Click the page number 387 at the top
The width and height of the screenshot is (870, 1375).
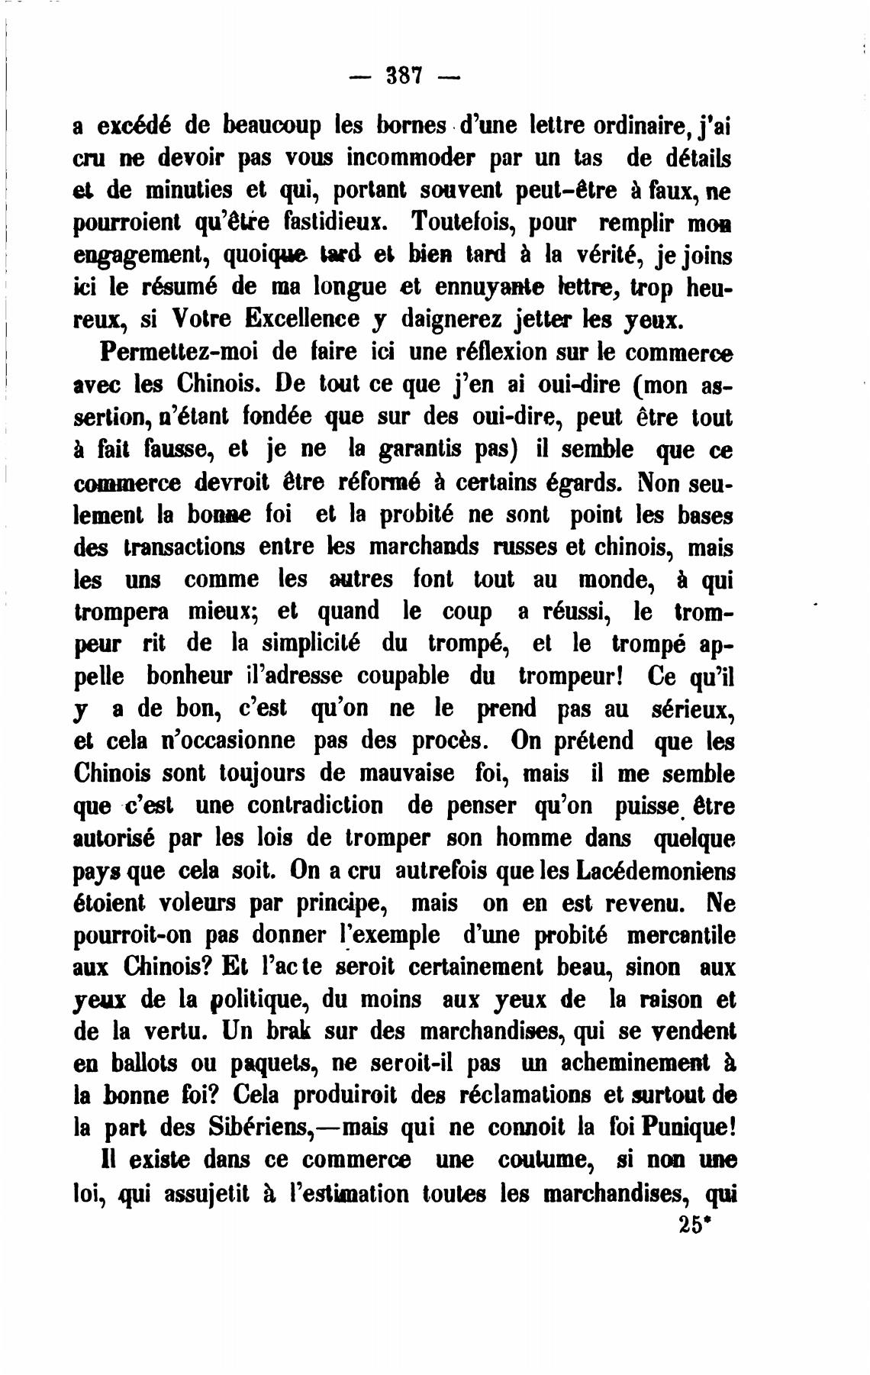coord(404,76)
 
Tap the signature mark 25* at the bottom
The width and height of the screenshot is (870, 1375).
coord(693,1225)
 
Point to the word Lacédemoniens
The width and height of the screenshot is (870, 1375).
coord(657,870)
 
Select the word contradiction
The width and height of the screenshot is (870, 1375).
coord(320,805)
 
